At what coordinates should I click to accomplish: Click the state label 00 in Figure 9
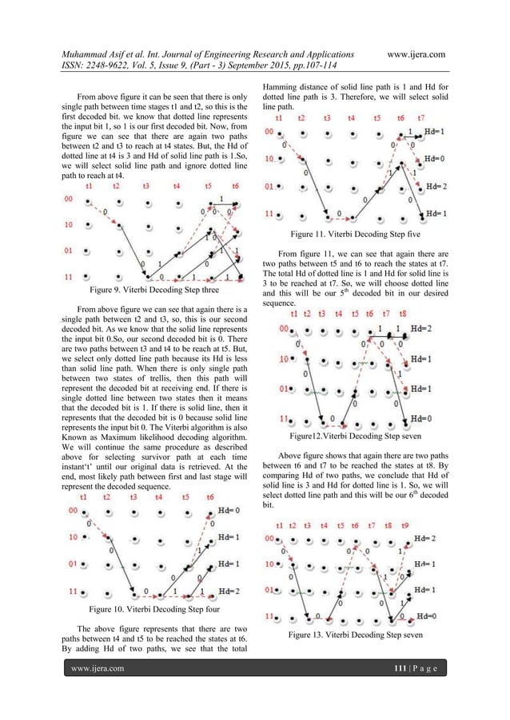point(68,199)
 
